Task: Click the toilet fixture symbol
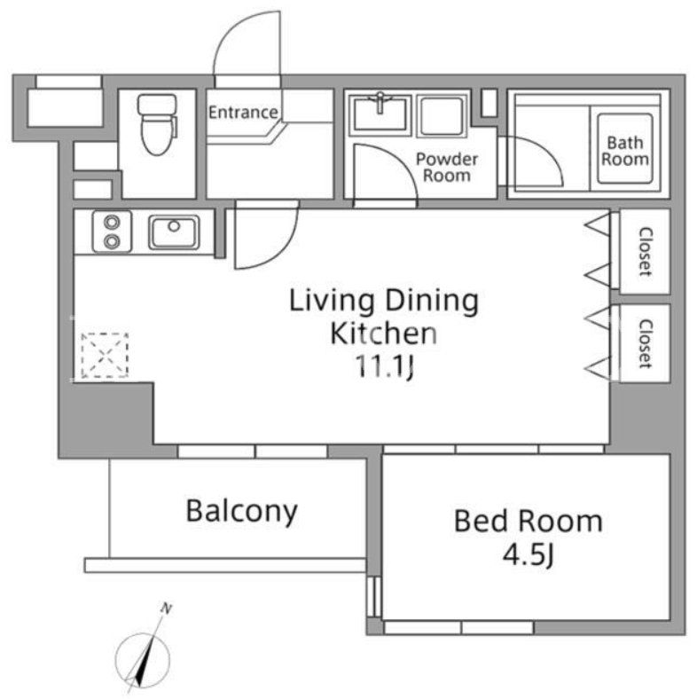point(157,124)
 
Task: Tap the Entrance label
point(243,113)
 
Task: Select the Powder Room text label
point(447,167)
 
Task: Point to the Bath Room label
point(625,151)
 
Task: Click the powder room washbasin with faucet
point(380,114)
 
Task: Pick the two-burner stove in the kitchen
point(112,232)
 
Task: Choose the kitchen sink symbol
point(174,232)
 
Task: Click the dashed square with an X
point(105,356)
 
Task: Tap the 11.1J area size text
point(384,366)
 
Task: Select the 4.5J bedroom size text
point(529,555)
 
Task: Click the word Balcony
point(241,512)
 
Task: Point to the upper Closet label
point(646,251)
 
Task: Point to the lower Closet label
point(646,343)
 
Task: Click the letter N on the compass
point(167,609)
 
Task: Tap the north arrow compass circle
point(143,660)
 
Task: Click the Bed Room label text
point(529,521)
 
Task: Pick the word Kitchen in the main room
point(383,333)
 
